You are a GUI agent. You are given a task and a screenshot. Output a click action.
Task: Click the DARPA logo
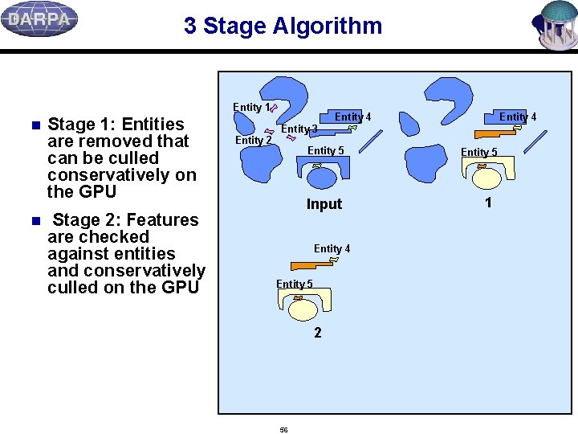click(39, 19)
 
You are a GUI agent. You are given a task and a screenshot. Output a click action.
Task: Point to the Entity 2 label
click(253, 141)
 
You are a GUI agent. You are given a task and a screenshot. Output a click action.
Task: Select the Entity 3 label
click(299, 129)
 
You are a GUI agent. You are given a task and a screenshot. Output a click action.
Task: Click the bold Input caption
click(324, 204)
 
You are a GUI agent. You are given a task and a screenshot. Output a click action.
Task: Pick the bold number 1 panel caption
click(488, 203)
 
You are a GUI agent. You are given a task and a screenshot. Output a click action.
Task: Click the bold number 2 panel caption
click(318, 333)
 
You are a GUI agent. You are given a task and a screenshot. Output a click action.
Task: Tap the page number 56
click(283, 430)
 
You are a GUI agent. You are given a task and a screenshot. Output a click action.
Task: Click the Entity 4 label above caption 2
click(332, 248)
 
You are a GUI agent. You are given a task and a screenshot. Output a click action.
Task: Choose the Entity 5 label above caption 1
click(478, 152)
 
